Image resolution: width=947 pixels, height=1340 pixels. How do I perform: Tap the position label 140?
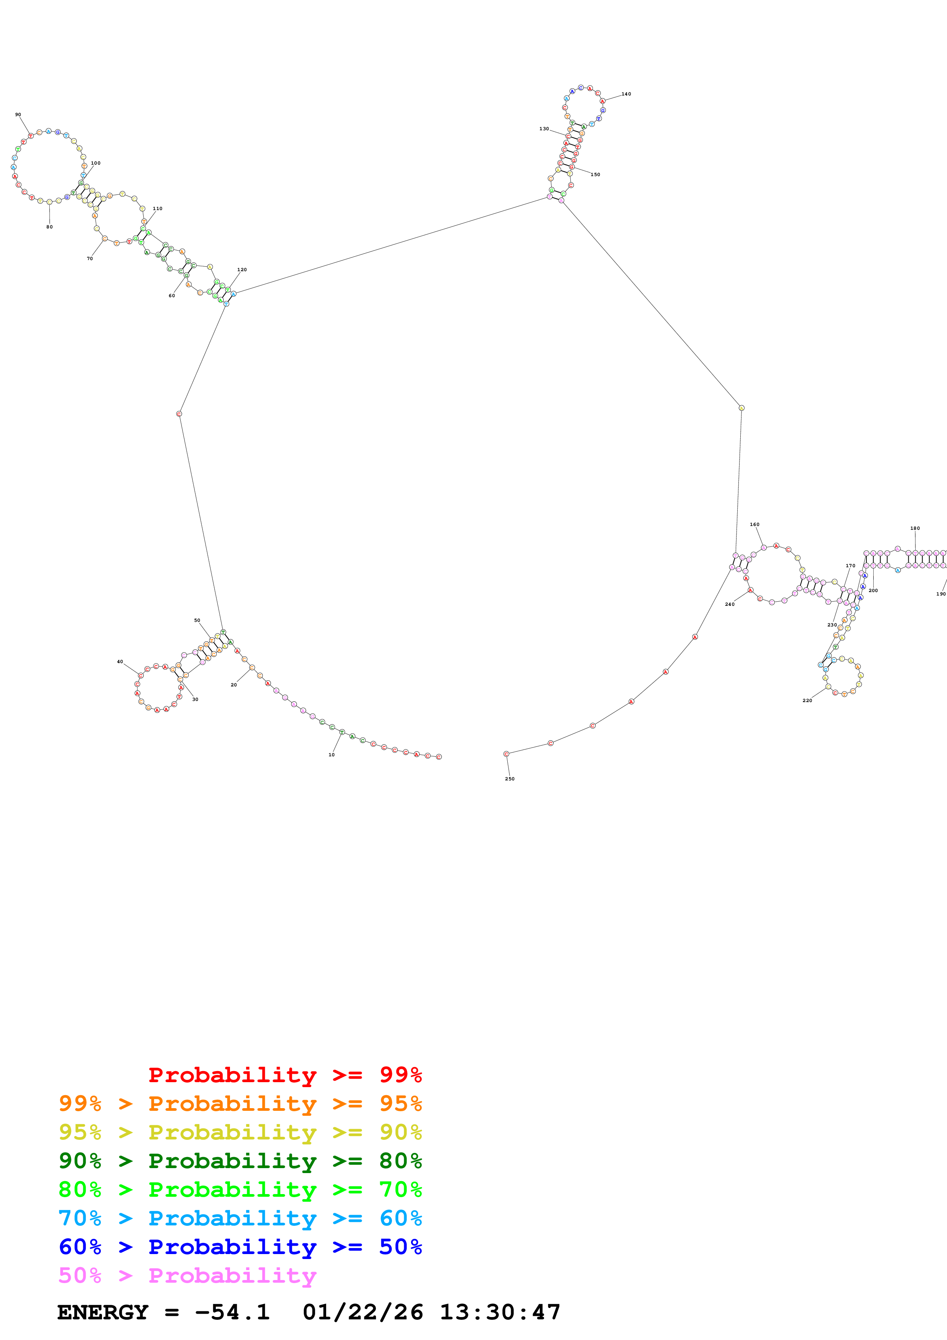click(626, 94)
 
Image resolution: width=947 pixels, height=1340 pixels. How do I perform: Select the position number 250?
click(509, 778)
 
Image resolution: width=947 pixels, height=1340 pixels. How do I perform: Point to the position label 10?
click(332, 755)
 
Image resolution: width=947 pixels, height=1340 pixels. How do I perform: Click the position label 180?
click(915, 528)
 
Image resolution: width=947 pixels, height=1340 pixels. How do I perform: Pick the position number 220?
click(807, 700)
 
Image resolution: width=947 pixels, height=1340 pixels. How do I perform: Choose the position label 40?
click(120, 662)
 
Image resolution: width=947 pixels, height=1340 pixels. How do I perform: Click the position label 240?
click(729, 604)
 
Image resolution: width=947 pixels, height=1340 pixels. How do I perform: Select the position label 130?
click(544, 128)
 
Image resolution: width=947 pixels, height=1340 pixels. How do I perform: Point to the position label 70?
click(90, 259)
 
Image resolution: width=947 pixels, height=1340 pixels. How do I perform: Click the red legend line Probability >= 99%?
click(285, 1075)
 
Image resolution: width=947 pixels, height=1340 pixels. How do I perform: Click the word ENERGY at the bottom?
click(103, 1312)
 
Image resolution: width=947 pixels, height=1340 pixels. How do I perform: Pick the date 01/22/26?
click(363, 1312)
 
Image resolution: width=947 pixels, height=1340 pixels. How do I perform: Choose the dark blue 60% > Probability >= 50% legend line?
click(240, 1247)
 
